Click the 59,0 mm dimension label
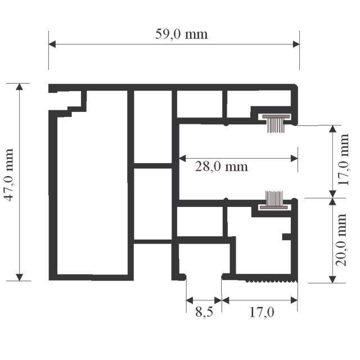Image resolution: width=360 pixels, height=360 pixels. [181, 34]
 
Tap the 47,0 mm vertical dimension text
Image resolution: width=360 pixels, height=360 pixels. [9, 175]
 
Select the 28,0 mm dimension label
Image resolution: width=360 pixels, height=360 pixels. [222, 166]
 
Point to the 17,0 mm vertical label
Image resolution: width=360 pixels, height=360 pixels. [344, 159]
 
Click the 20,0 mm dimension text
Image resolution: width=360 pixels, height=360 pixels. [341, 240]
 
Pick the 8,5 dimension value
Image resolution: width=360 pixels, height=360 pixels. [204, 312]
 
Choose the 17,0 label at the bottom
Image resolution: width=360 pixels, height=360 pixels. [262, 312]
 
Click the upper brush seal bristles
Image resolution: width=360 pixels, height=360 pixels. [276, 125]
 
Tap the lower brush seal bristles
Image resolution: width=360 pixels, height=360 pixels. [274, 199]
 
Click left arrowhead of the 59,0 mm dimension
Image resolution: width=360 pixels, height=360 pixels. [52, 44]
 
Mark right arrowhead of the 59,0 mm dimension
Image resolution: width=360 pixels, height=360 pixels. [296, 44]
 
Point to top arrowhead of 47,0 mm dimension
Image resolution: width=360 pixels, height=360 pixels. [20, 87]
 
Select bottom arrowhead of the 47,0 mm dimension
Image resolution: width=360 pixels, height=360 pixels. [20, 277]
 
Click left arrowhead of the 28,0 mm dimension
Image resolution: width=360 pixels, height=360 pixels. [182, 159]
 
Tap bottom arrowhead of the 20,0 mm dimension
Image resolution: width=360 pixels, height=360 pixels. [332, 280]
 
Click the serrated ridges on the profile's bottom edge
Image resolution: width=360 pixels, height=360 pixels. [272, 281]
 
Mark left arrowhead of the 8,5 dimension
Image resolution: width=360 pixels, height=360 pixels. [190, 300]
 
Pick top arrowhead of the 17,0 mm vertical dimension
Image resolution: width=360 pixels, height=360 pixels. [332, 129]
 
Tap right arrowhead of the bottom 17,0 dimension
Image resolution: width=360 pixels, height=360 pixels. [294, 300]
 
